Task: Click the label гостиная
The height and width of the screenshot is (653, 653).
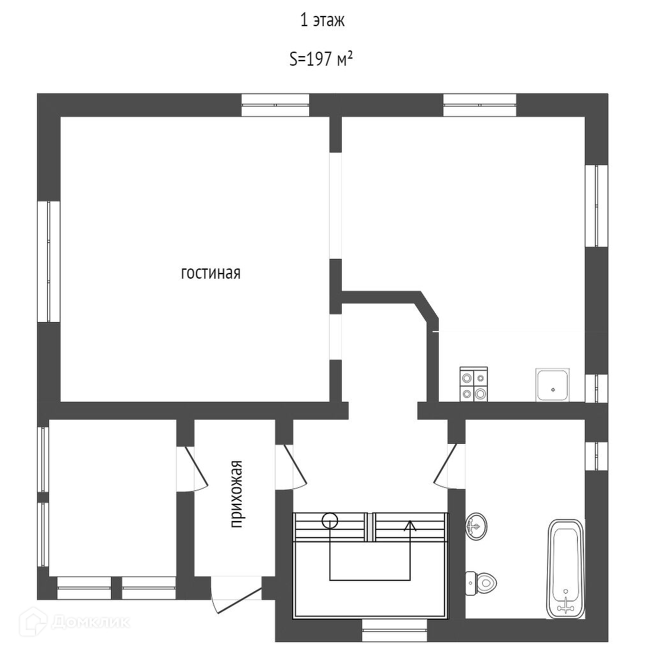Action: (211, 273)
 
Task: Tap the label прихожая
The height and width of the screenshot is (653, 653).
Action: (237, 494)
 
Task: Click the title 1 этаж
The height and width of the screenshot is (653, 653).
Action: (322, 20)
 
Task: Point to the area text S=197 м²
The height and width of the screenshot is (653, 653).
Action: (322, 59)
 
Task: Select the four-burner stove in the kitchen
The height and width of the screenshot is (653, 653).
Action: (474, 385)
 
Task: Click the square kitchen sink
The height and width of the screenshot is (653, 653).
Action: (552, 385)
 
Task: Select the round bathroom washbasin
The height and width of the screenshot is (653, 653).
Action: (476, 527)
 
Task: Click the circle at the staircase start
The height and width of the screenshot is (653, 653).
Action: (330, 520)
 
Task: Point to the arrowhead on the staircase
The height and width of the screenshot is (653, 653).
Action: (409, 525)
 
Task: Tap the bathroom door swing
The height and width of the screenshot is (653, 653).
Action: (446, 466)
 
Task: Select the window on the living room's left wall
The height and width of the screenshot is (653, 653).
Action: (48, 261)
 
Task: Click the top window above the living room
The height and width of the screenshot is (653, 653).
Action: (275, 105)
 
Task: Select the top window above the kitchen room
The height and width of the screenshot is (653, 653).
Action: (480, 105)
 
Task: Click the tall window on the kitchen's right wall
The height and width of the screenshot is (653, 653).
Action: (596, 205)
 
